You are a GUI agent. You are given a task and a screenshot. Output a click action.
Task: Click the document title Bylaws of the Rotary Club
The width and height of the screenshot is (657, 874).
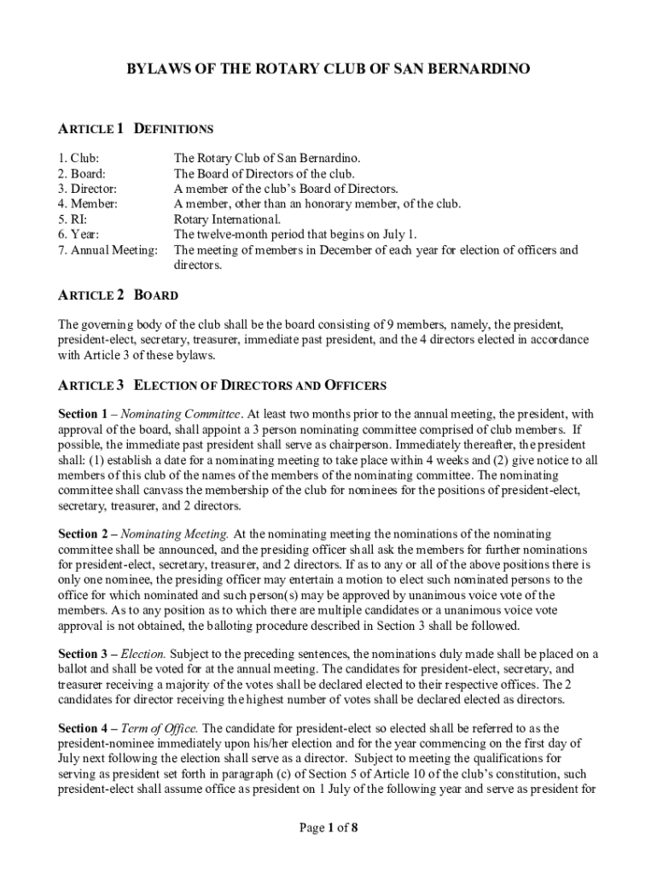328,67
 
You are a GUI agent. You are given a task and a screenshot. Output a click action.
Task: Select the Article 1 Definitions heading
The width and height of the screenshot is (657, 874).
135,129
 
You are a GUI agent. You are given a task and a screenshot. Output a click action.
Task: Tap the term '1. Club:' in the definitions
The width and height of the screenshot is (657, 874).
78,158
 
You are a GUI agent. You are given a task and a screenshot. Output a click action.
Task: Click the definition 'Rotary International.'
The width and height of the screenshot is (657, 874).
227,219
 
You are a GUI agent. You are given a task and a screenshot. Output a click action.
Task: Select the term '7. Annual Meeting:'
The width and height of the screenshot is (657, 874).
108,250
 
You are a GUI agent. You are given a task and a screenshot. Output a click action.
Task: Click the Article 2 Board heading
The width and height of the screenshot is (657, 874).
118,295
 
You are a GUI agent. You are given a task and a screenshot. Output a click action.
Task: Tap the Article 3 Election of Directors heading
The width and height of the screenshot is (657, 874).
222,385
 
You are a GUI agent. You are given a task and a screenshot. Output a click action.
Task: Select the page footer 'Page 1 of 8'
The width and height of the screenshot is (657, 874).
328,827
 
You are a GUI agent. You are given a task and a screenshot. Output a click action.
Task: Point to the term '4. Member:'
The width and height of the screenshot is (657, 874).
88,204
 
